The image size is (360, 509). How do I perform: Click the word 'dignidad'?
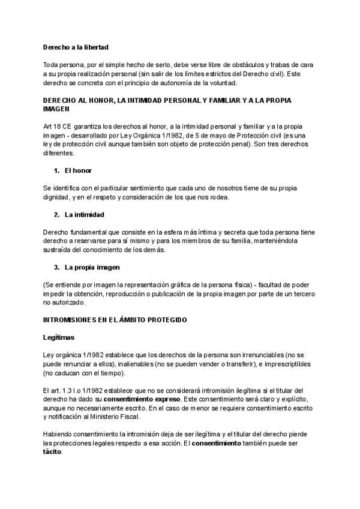tap(59, 198)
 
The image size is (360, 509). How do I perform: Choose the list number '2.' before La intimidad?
tap(56, 215)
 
